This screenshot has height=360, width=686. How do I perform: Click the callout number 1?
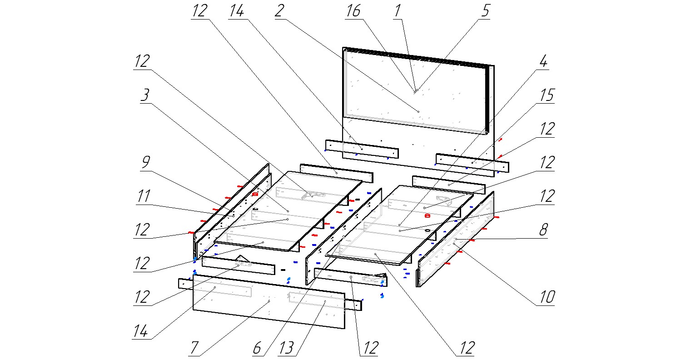coord(398,11)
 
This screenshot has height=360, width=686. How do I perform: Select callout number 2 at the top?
coord(279,11)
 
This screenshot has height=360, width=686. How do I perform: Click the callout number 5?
coord(486,11)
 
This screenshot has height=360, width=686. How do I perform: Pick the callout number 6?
coord(257,348)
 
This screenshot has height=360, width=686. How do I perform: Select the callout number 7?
coord(194,348)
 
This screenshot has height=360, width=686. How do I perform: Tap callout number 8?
coord(543,230)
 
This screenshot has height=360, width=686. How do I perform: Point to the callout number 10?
coord(547,297)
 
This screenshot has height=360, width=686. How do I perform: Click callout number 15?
coord(547,95)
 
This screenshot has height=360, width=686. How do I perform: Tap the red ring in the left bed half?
coord(255,194)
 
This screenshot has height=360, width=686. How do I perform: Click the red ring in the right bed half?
coord(427,216)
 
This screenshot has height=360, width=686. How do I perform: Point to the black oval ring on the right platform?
coord(428,230)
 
